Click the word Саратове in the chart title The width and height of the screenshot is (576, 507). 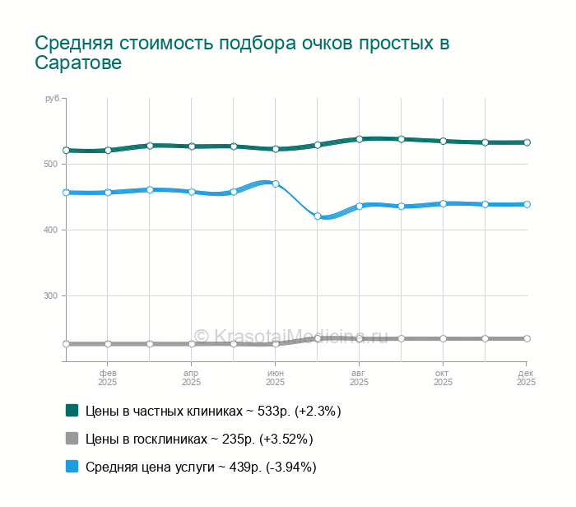tap(78, 63)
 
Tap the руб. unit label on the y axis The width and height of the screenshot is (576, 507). tap(53, 99)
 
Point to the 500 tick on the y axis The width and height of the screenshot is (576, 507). tap(51, 164)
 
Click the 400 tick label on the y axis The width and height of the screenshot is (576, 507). tap(51, 230)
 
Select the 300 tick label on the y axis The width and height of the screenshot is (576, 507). tap(51, 295)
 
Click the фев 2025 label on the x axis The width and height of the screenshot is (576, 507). tap(108, 378)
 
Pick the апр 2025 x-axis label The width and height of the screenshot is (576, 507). tap(192, 378)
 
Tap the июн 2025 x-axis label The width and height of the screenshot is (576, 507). tap(276, 378)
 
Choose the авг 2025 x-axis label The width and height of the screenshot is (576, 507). tap(360, 378)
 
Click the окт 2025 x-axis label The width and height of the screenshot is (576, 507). tap(443, 378)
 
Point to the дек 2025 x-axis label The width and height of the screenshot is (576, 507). tap(526, 378)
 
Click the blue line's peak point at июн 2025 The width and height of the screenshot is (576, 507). tap(276, 184)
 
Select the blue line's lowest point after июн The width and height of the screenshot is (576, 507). tap(318, 216)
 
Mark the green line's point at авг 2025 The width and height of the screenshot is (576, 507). tap(360, 139)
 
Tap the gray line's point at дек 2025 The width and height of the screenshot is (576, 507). tap(527, 338)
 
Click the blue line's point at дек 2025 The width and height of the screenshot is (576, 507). tap(527, 204)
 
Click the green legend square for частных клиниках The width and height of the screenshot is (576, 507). tap(72, 410)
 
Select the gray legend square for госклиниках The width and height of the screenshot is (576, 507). tap(72, 438)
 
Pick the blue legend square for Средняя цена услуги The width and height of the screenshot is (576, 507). tap(72, 466)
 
